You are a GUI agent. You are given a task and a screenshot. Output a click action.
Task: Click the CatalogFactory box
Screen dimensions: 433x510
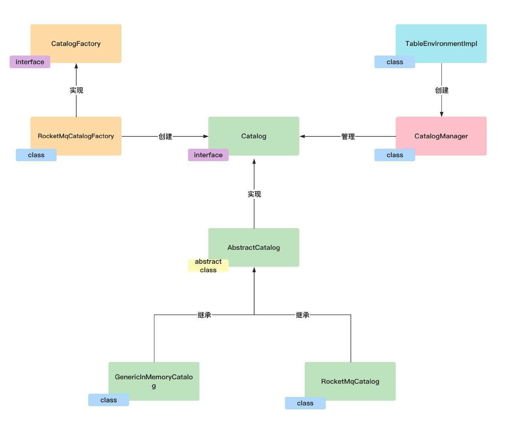[76, 43]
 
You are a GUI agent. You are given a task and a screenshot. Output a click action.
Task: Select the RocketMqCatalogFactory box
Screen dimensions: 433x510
[76, 136]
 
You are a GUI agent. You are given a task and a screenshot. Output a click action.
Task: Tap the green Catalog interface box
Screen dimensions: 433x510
[253, 136]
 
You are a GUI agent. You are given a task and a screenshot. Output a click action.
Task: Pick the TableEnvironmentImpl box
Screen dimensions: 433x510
[441, 43]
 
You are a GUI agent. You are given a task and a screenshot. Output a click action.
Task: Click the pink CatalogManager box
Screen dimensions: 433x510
[441, 136]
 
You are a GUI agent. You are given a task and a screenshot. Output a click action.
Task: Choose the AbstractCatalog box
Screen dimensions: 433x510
[253, 247]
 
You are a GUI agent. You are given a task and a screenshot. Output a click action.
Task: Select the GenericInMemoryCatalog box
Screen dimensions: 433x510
[154, 381]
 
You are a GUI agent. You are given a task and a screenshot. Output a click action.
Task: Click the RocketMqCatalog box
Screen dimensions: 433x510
[350, 381]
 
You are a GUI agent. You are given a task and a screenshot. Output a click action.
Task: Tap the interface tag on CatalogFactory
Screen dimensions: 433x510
[30, 62]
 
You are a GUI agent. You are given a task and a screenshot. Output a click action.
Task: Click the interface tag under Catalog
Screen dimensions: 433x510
[208, 155]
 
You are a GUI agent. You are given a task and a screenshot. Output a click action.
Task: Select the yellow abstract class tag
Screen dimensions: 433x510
[208, 266]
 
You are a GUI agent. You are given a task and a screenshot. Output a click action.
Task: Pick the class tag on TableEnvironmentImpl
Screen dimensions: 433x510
[395, 62]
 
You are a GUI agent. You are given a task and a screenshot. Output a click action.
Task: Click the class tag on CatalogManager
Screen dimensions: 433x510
[395, 155]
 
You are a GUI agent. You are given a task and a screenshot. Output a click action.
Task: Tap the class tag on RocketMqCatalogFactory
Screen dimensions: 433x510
[36, 155]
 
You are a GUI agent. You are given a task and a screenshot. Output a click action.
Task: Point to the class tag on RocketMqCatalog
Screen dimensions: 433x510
[305, 403]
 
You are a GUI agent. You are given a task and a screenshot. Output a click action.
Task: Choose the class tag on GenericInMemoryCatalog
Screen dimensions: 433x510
[109, 400]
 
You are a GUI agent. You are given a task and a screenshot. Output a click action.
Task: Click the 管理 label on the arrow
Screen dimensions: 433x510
[348, 137]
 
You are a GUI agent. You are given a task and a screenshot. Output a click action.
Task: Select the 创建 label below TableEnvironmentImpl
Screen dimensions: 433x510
[441, 90]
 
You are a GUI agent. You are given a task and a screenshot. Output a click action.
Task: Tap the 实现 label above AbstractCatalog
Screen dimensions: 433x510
[254, 194]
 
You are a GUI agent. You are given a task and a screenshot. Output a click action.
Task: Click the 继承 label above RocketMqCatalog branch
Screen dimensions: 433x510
[303, 315]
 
